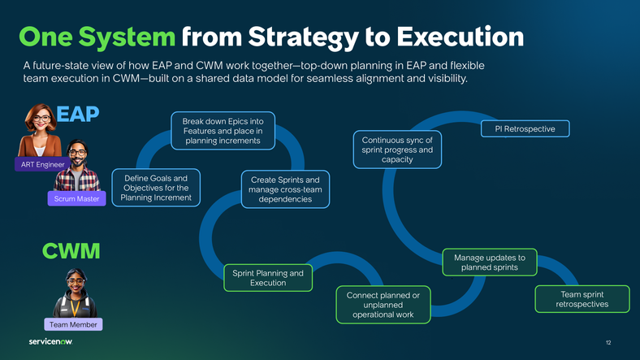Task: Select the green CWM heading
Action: (71, 251)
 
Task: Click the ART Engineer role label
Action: (40, 165)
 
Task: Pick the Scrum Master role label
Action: (77, 198)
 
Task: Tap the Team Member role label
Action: (73, 324)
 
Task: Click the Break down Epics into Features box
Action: (223, 131)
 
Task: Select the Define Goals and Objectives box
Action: (155, 189)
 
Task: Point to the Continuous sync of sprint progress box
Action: (397, 150)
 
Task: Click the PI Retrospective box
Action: (525, 129)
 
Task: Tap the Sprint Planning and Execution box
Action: (268, 278)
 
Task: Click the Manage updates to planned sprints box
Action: (489, 262)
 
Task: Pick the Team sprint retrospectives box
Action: (582, 299)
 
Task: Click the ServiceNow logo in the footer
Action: (50, 341)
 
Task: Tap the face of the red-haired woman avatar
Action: (41, 119)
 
